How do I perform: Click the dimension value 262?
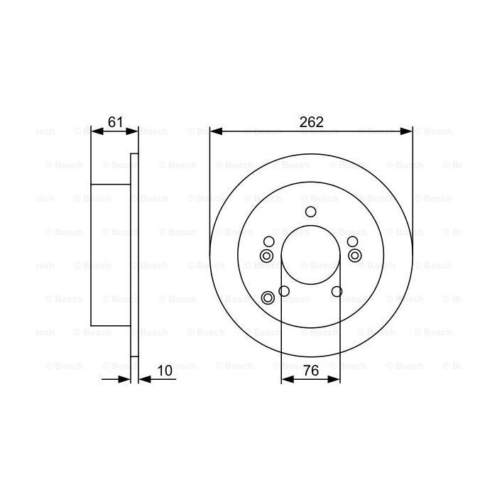[311, 122]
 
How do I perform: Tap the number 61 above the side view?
[114, 122]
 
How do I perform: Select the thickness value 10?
[165, 370]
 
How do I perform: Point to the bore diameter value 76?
[310, 370]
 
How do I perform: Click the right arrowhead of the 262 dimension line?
[407, 131]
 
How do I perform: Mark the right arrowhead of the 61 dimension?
[133, 131]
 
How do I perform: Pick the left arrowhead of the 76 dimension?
[286, 378]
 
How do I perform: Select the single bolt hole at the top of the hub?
[310, 212]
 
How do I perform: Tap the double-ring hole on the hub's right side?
[354, 256]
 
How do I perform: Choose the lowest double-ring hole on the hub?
[268, 297]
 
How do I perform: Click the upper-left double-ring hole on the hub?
[266, 256]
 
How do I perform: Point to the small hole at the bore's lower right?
[337, 291]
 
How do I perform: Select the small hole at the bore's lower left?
[284, 291]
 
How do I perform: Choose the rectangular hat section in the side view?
[111, 253]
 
